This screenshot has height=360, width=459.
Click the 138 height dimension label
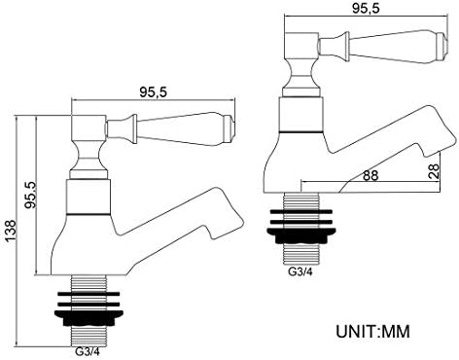pos(11,231)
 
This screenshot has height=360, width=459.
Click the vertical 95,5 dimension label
pos(32,195)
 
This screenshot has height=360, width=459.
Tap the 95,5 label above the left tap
pos(153,92)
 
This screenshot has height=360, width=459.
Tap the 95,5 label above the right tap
pos(366,9)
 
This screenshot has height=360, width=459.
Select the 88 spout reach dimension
pos(371,175)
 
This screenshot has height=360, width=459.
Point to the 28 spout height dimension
pos(434,171)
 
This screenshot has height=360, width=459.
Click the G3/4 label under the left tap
pos(87,351)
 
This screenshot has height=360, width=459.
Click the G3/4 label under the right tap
pos(300,271)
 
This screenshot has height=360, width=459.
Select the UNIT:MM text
pos(372,332)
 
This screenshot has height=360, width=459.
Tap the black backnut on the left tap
pos(88,318)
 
